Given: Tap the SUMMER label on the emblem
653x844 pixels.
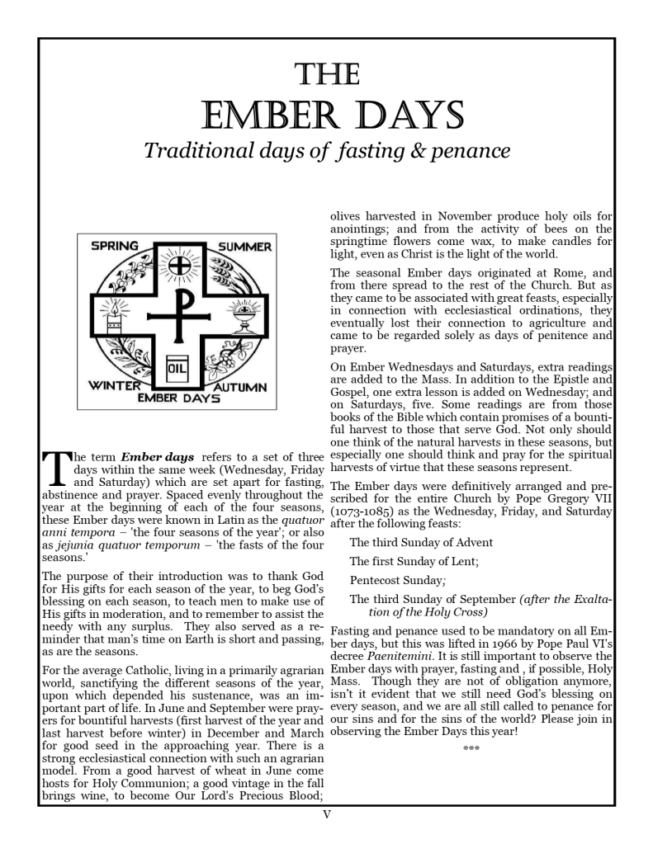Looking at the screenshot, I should pyautogui.click(x=244, y=246).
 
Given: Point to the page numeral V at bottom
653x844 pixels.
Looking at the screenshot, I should pyautogui.click(x=327, y=815).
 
